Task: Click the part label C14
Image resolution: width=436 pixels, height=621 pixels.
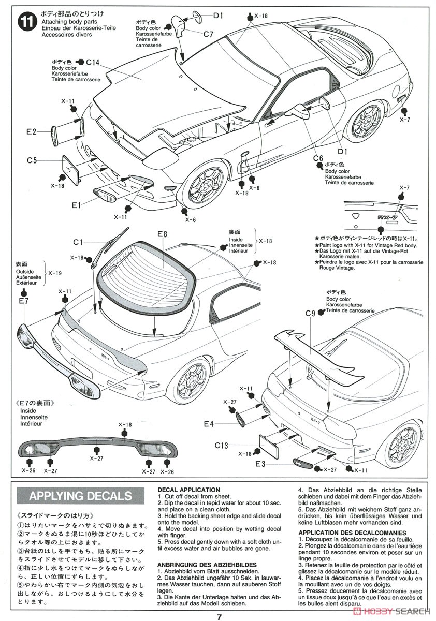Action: click(x=93, y=62)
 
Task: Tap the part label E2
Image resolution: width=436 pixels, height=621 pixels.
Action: click(x=32, y=132)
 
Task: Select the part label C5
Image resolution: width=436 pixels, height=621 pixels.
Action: click(x=32, y=160)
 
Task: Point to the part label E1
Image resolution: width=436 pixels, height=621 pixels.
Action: click(x=77, y=205)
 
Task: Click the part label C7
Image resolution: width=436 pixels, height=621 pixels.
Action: click(x=208, y=34)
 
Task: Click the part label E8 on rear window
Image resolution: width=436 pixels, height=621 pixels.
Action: click(x=162, y=234)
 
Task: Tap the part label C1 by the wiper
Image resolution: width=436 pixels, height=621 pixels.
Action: click(x=78, y=242)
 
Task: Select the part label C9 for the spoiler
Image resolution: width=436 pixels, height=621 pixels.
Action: click(x=310, y=313)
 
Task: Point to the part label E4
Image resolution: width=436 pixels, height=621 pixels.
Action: click(x=208, y=424)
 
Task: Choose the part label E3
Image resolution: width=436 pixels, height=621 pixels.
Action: click(x=260, y=464)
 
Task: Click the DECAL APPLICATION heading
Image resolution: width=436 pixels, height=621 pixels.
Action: click(x=188, y=490)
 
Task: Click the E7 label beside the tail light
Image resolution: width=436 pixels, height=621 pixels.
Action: click(x=23, y=301)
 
